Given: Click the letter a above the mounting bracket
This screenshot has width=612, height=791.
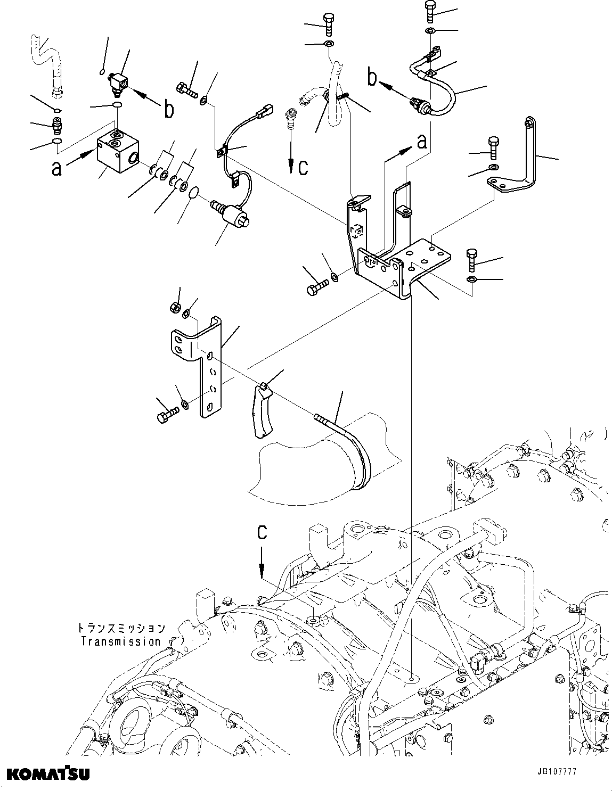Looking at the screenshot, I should click(421, 142).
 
